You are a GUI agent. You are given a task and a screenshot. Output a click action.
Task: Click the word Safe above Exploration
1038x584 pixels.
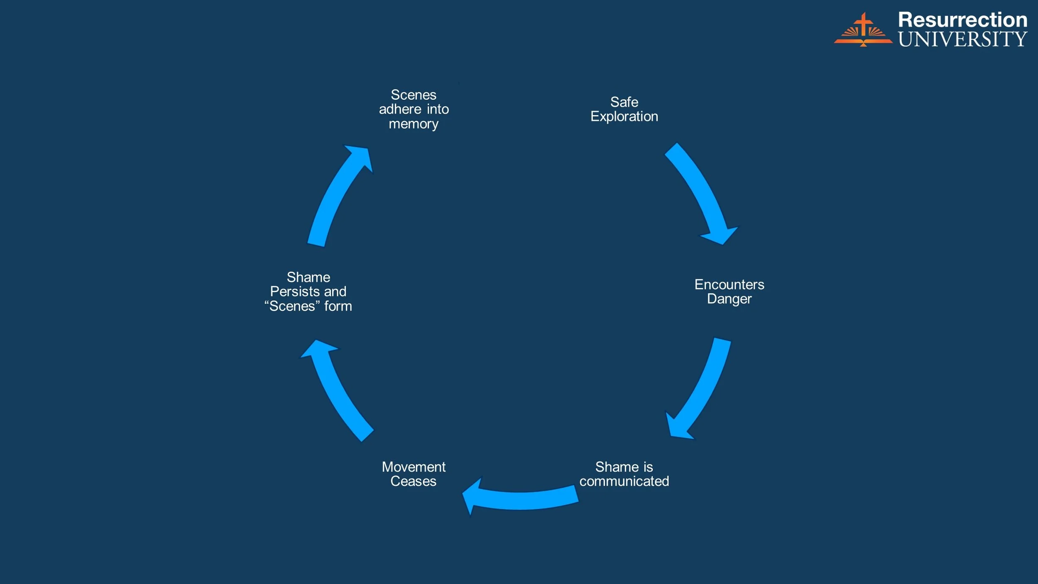(x=624, y=102)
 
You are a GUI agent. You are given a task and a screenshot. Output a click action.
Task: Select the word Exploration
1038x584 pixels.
(x=624, y=117)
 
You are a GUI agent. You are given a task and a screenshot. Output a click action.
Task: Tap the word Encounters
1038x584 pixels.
(x=729, y=285)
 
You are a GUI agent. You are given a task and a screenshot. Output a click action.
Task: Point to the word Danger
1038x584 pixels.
(x=729, y=299)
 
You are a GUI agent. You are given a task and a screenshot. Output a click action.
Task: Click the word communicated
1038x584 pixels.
(x=624, y=481)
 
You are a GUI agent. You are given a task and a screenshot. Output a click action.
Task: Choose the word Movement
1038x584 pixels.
(x=414, y=467)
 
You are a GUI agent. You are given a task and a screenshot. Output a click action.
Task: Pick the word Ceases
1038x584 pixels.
(x=413, y=481)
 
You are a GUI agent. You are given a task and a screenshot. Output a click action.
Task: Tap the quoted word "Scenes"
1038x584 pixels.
(x=292, y=307)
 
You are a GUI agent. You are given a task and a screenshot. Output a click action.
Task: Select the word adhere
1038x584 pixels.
(x=400, y=109)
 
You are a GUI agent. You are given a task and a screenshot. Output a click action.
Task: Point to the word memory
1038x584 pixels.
(x=414, y=124)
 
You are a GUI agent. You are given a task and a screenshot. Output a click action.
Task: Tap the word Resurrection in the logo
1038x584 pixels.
(x=962, y=20)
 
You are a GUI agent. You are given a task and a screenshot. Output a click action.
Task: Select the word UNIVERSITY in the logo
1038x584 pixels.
(x=962, y=39)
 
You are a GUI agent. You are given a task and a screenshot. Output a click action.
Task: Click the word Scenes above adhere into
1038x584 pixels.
(x=414, y=95)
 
